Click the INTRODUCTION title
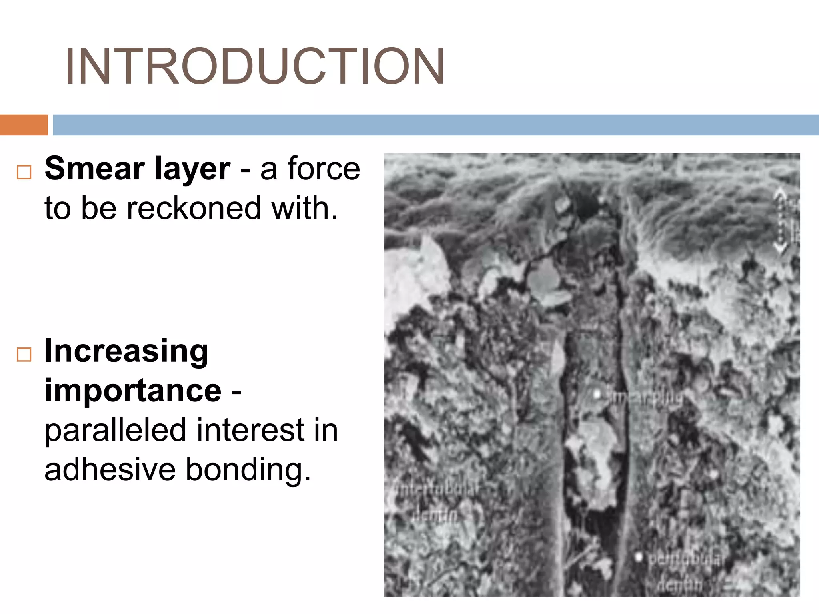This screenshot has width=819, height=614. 255,66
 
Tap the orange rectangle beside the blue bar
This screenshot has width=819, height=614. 24,125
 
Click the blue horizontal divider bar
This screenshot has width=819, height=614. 435,125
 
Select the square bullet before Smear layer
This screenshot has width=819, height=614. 24,172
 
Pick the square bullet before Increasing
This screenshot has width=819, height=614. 24,354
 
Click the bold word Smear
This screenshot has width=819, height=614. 95,169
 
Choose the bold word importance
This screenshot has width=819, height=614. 133,391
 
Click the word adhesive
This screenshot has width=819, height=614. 110,470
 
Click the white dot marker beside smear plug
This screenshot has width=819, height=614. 597,395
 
